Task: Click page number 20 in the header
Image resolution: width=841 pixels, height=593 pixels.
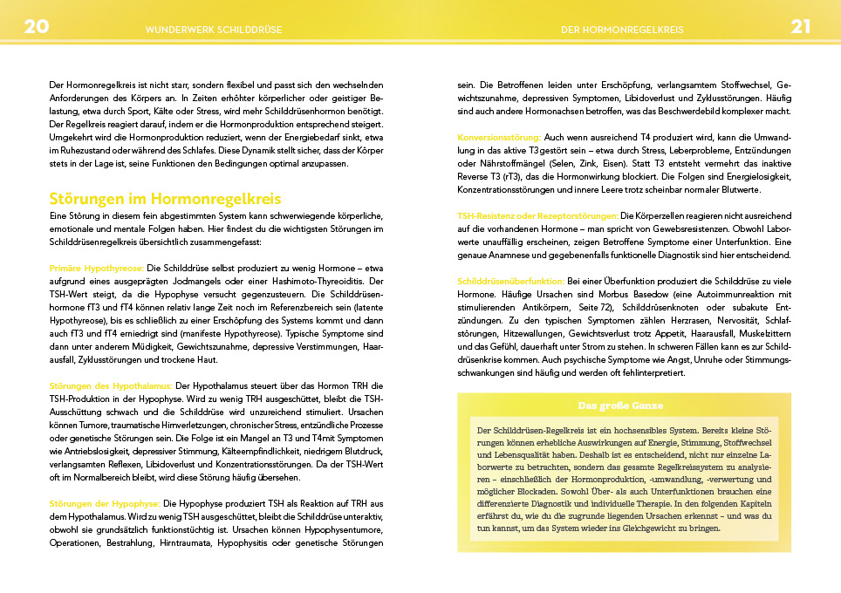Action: (x=37, y=26)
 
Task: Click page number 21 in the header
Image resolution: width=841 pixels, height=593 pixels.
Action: (x=802, y=26)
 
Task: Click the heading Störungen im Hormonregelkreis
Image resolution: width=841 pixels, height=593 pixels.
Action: (x=165, y=200)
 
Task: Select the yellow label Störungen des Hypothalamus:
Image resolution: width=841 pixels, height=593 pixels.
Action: (x=112, y=385)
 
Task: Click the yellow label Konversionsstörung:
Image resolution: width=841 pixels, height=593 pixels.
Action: (x=499, y=138)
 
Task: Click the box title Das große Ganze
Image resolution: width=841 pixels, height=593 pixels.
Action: (x=620, y=406)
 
